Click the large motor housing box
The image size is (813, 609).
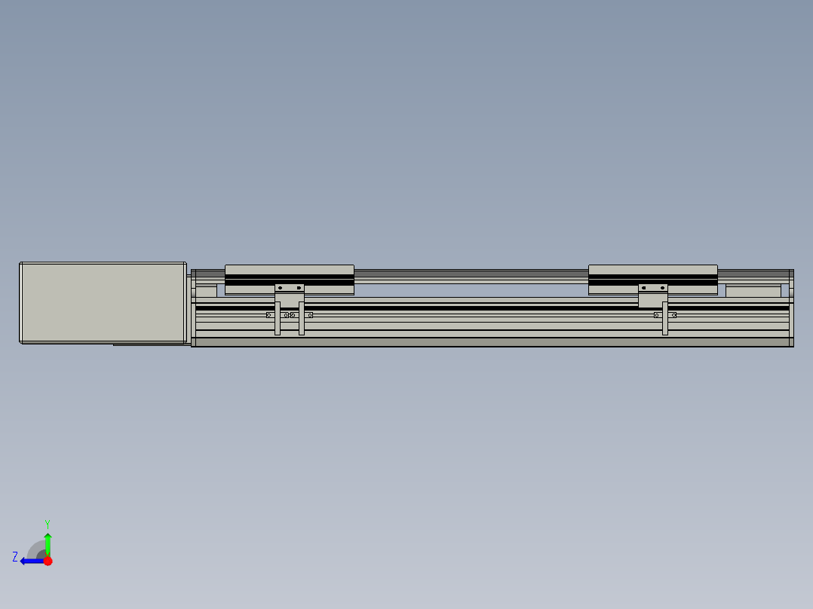click(x=103, y=302)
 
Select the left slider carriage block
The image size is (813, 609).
click(x=290, y=279)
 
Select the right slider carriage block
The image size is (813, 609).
click(x=653, y=279)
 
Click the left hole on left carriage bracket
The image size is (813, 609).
click(x=280, y=288)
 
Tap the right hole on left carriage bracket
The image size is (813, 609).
click(x=299, y=288)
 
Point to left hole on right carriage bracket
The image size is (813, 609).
click(x=643, y=288)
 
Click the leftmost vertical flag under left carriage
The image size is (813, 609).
click(x=278, y=320)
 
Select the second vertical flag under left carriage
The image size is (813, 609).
click(x=302, y=320)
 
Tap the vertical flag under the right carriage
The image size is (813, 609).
click(x=664, y=320)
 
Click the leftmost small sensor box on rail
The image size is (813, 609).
click(x=269, y=315)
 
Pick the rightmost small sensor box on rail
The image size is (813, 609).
click(x=673, y=315)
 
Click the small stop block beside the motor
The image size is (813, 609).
click(x=206, y=291)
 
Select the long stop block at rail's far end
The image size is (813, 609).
click(x=753, y=291)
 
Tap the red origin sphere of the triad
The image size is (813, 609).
click(x=48, y=561)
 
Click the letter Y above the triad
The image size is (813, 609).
click(x=47, y=523)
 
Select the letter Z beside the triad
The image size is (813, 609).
click(x=15, y=557)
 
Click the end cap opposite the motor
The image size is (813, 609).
click(x=791, y=308)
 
